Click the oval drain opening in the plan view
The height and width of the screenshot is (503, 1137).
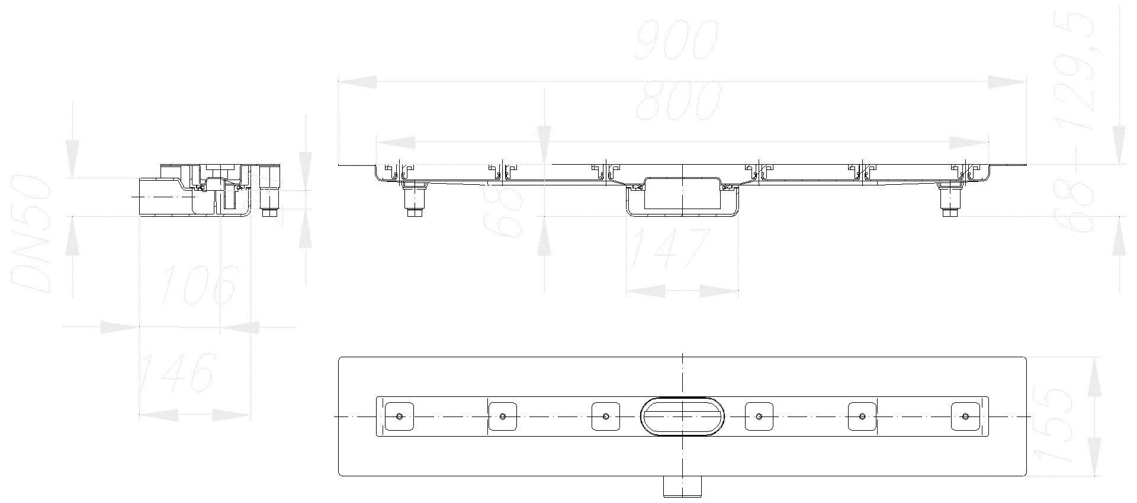[683, 416]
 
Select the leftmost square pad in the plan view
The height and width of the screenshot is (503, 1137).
[399, 416]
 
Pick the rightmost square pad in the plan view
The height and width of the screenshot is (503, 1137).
[965, 416]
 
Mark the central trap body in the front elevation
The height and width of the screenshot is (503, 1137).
[682, 196]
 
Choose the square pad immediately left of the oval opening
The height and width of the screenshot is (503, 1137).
[606, 416]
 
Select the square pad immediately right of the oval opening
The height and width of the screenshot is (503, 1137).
[759, 416]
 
